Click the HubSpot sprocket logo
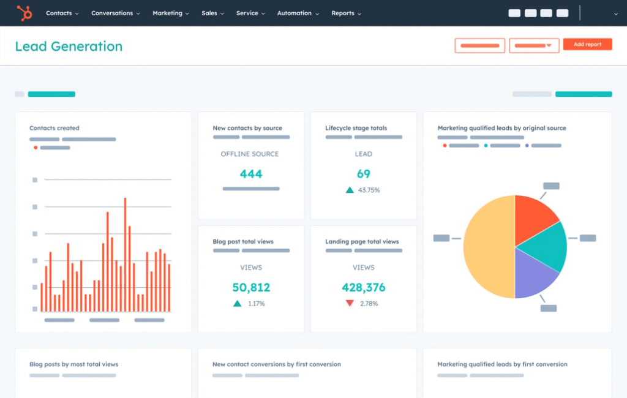[24, 13]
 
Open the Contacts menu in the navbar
[62, 13]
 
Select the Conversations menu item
[115, 13]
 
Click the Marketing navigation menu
[170, 13]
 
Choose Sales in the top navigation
[212, 13]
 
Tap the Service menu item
[250, 13]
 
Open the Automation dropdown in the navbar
[298, 13]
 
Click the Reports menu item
[346, 13]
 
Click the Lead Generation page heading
[69, 47]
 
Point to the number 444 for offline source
[251, 174]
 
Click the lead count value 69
[364, 174]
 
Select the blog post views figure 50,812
[251, 287]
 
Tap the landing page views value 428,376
[364, 287]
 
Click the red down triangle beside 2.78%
[350, 303]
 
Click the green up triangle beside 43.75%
[350, 190]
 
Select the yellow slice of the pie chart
[487, 247]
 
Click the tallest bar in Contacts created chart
[125, 254]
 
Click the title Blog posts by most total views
[73, 364]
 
